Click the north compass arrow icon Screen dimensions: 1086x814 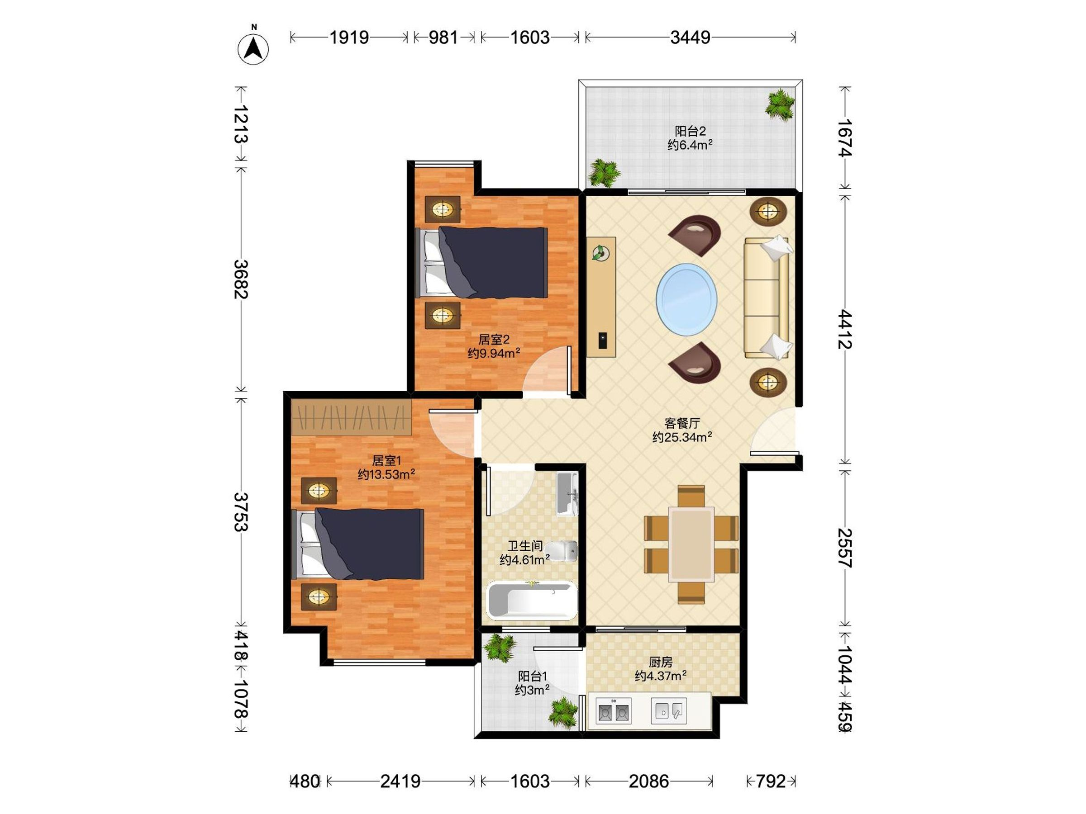[253, 48]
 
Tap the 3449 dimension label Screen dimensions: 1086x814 [690, 37]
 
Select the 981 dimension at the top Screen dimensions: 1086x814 [443, 37]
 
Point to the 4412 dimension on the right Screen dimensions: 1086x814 [844, 329]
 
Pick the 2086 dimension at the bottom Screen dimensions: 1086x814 [648, 781]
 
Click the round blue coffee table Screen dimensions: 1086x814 [686, 299]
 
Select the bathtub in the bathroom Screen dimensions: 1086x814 [532, 600]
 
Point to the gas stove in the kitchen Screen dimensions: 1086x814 [613, 711]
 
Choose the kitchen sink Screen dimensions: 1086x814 [668, 711]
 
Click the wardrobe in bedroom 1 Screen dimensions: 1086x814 [351, 417]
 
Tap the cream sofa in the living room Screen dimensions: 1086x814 [767, 298]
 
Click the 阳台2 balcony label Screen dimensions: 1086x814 [690, 131]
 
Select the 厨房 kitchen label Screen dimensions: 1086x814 [660, 663]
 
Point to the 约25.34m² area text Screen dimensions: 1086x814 [682, 437]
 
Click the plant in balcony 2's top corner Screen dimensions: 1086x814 [780, 104]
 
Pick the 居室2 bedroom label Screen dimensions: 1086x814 [494, 340]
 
